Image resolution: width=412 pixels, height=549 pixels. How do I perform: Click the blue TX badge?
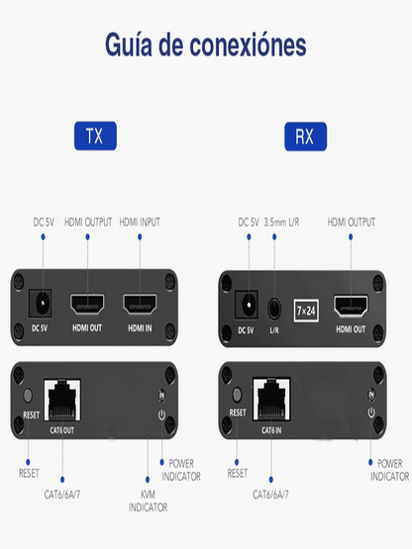click(95, 136)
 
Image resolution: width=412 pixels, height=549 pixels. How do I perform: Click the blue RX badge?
click(305, 137)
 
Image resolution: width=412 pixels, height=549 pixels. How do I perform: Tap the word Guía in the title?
click(129, 45)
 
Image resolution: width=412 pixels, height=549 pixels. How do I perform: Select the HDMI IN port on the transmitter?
click(140, 304)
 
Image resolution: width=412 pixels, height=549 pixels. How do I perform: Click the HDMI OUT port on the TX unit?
click(87, 304)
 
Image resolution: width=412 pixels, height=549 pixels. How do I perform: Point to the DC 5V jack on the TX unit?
click(40, 304)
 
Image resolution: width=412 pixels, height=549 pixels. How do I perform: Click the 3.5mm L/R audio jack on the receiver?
click(274, 309)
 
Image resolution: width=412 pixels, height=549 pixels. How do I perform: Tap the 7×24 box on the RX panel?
click(306, 311)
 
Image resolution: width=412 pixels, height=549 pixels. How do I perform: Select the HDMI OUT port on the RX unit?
click(351, 306)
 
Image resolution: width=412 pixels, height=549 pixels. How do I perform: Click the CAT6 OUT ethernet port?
click(62, 401)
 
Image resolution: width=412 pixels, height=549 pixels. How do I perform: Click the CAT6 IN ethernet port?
click(271, 400)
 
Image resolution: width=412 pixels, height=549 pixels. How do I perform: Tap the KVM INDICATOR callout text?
click(148, 501)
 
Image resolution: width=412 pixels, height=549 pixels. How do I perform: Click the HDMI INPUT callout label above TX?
click(140, 222)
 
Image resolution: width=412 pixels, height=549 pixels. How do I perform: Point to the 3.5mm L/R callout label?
click(281, 222)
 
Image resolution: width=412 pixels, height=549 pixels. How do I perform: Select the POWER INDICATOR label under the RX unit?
click(389, 470)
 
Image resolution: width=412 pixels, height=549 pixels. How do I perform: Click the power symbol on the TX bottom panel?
click(161, 414)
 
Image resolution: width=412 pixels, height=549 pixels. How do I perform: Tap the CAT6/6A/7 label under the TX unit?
click(62, 495)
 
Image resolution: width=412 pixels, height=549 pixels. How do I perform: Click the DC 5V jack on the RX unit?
click(247, 305)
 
